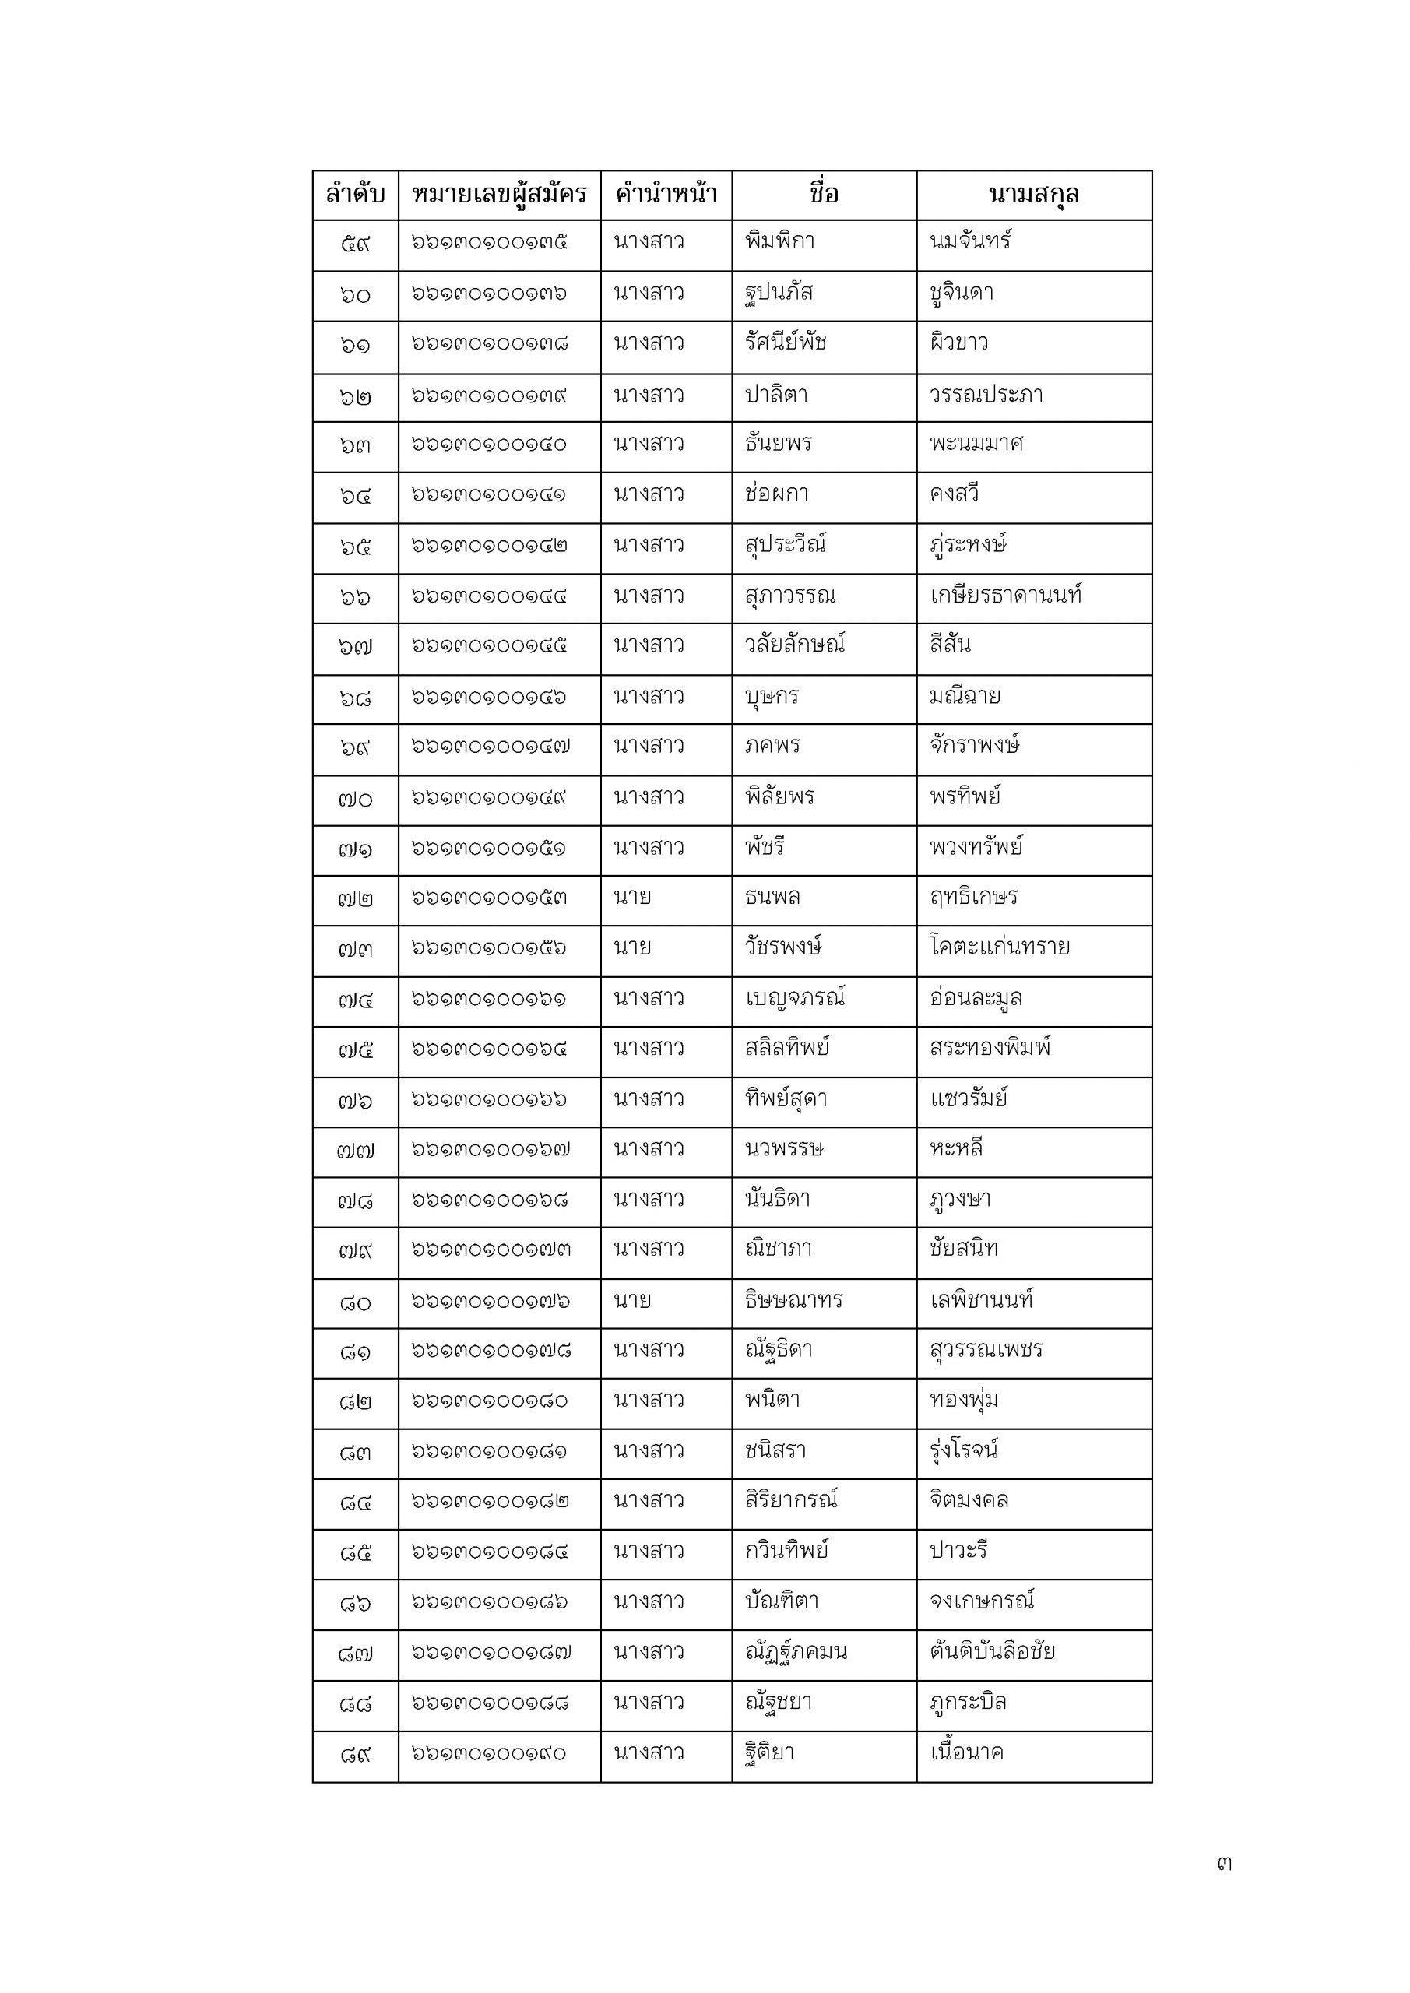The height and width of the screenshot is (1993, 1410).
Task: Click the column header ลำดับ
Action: click(x=355, y=195)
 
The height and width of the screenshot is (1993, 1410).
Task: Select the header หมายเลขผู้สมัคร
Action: click(x=499, y=195)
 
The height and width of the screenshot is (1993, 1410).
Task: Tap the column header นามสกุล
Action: click(x=1033, y=195)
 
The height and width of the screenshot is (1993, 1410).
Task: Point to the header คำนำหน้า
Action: click(x=666, y=195)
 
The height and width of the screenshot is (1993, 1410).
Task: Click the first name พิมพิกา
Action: click(x=779, y=241)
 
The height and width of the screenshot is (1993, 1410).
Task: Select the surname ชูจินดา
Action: click(x=961, y=293)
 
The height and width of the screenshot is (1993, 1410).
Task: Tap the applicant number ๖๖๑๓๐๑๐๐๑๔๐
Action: click(x=489, y=445)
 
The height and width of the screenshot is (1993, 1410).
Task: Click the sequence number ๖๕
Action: click(x=355, y=547)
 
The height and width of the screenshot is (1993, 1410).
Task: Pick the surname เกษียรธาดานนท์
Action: click(x=1005, y=596)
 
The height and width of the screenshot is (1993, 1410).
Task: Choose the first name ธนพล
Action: click(x=772, y=897)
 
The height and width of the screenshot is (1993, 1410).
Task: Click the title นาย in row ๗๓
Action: click(x=632, y=947)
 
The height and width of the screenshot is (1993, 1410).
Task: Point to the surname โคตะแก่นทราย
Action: click(x=1000, y=947)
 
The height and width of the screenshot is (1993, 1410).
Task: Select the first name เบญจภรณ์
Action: click(x=794, y=998)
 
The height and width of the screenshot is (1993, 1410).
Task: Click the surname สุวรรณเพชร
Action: click(x=986, y=1351)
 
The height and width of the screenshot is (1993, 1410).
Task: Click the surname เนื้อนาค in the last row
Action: click(x=966, y=1752)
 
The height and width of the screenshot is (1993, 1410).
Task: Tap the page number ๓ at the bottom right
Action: click(x=1224, y=1864)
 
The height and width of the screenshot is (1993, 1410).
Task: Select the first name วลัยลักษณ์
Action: click(x=794, y=645)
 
